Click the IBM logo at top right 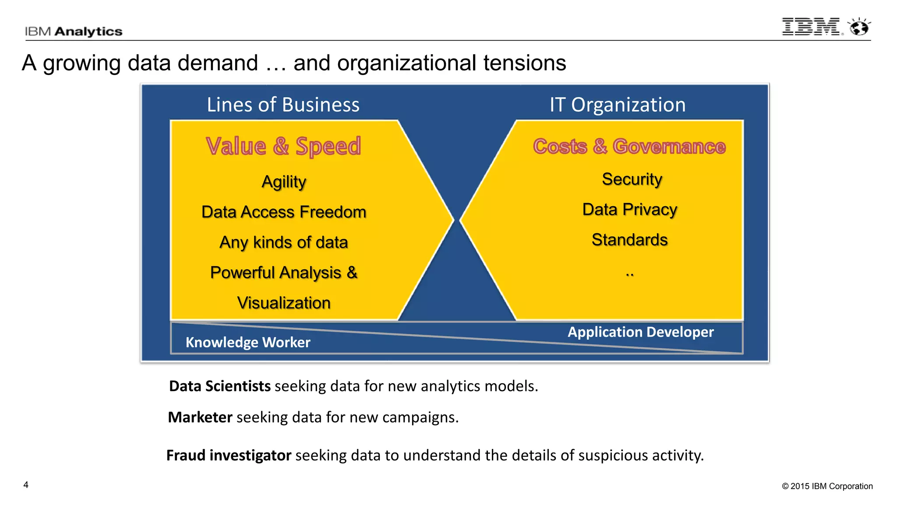(811, 27)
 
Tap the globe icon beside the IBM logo (859, 27)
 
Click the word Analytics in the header (88, 32)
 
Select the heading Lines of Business (283, 105)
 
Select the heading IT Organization (618, 105)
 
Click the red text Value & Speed (283, 146)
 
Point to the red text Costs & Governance (629, 146)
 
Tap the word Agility (284, 181)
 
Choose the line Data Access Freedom (284, 212)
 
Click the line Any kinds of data (284, 242)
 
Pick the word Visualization (284, 303)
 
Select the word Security (632, 179)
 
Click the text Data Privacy (629, 209)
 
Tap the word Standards (629, 240)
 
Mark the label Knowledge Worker (248, 342)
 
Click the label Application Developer (640, 332)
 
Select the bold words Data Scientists (220, 386)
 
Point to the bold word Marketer (200, 417)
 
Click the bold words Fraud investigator (229, 455)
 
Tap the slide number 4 (26, 485)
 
